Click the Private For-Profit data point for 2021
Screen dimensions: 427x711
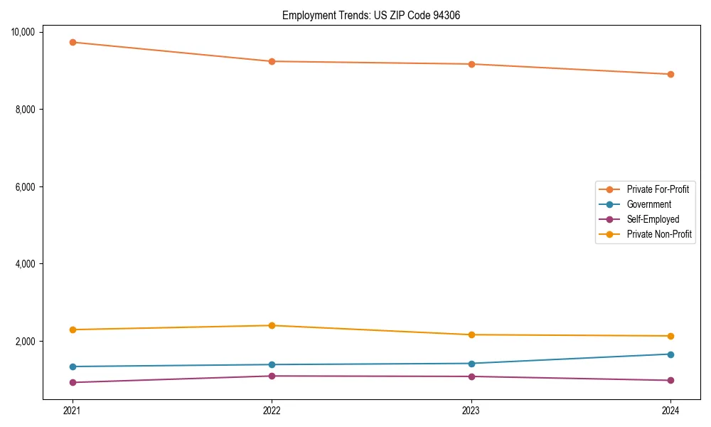72,42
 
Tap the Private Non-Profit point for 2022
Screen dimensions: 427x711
272,325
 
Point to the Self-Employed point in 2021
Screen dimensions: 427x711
72,382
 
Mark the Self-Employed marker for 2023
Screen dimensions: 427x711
471,376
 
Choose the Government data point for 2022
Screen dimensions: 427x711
272,364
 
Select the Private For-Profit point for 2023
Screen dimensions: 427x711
471,64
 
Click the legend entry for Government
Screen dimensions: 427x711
648,204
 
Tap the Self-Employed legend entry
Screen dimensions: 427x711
653,219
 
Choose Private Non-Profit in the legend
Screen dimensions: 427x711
659,234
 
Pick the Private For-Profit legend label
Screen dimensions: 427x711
658,189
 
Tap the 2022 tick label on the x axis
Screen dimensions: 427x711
272,410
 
